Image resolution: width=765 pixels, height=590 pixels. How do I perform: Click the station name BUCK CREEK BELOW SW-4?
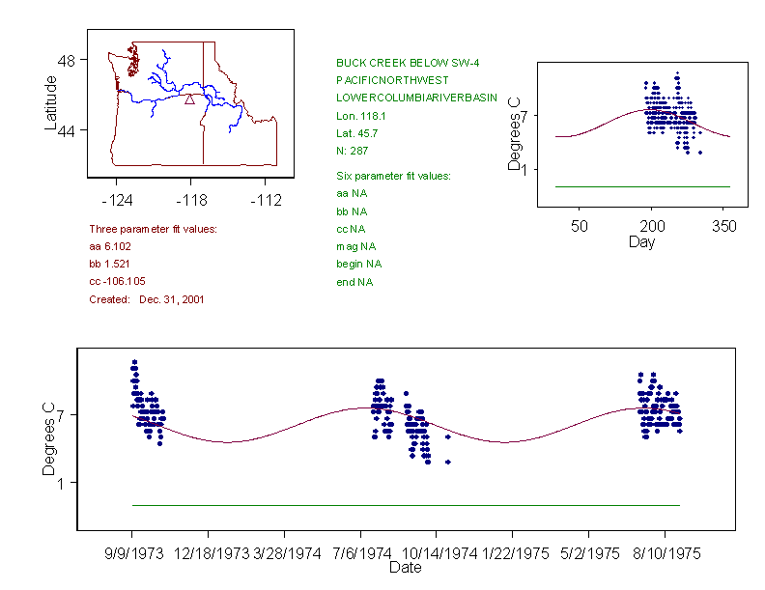point(408,63)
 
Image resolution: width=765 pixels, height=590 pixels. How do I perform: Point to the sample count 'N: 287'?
point(352,151)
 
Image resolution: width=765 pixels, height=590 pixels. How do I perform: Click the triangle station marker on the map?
point(190,98)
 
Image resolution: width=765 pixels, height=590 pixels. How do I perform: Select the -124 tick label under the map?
point(117,201)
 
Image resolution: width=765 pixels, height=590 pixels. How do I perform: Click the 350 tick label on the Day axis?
point(724,226)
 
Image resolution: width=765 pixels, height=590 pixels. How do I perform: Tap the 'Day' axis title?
point(641,241)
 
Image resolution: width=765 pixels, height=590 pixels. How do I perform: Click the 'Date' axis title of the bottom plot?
point(405,569)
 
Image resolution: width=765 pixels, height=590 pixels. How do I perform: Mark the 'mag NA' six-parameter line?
point(354,246)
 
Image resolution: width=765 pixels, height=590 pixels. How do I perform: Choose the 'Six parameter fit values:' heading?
point(393,176)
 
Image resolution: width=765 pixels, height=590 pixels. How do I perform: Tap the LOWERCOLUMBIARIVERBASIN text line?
point(416,98)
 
